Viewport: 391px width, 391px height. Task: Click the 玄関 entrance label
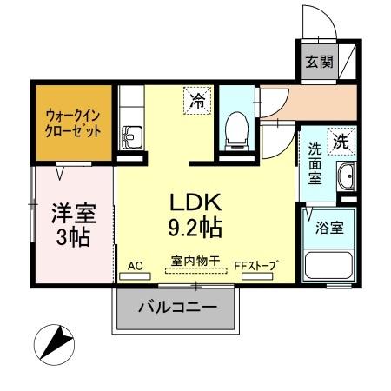pos(318,62)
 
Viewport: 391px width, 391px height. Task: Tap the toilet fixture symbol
pos(235,129)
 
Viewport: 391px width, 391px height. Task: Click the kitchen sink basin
pos(131,136)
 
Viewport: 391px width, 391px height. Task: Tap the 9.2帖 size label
pos(195,229)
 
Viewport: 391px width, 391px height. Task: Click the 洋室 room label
pos(73,211)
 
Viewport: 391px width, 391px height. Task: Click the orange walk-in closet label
pos(74,122)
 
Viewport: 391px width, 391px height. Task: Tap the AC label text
pos(135,265)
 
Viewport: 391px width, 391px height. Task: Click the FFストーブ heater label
pos(256,265)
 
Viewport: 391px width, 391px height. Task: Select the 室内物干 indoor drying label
pos(195,260)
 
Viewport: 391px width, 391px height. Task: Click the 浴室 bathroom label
pos(330,228)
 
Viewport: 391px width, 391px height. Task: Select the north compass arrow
pos(56,341)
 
